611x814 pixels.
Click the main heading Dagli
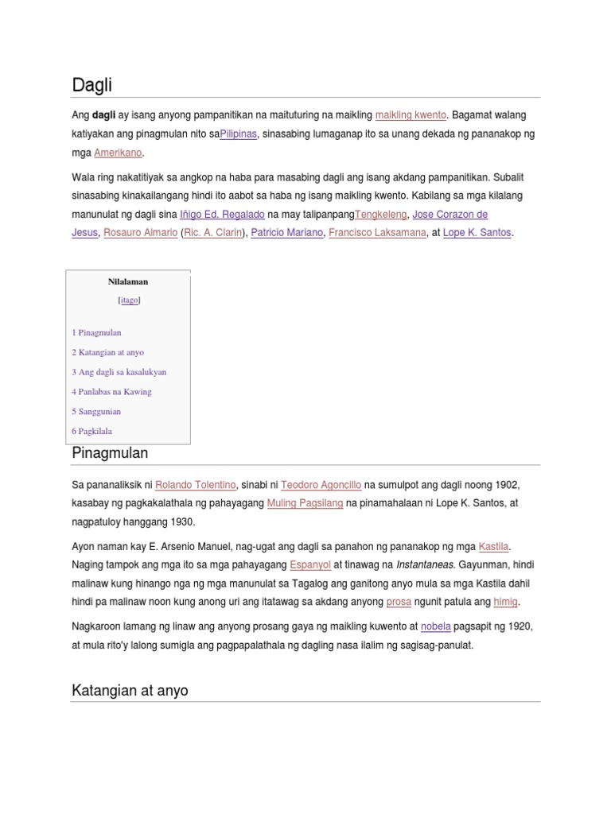coord(92,84)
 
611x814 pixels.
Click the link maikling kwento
coord(411,115)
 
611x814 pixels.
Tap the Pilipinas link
coord(239,134)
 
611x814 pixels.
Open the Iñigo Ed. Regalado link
coord(222,215)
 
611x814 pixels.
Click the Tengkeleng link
coord(380,215)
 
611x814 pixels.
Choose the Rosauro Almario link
coord(140,233)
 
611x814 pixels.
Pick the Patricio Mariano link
coord(287,233)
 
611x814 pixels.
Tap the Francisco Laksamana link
coord(378,233)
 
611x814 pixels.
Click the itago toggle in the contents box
coord(129,300)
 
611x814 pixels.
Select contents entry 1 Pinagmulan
coord(96,333)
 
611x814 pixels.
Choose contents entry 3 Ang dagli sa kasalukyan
coord(119,372)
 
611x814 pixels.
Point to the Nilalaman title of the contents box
coord(128,281)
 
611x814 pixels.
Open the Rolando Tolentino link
coord(196,485)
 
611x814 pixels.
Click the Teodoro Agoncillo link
coord(321,485)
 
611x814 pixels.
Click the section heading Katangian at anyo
coord(130,690)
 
